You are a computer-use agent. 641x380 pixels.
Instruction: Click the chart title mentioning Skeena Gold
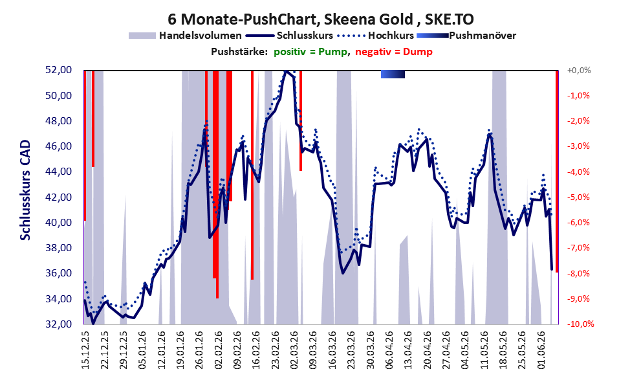pos(321,19)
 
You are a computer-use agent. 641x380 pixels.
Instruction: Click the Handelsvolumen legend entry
pos(185,36)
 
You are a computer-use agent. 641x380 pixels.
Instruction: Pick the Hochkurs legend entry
pos(376,36)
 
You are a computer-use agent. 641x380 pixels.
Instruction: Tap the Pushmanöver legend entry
pos(466,36)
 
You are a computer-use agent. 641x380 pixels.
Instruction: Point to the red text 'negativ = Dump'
pos(394,52)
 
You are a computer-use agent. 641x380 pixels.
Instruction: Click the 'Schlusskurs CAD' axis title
pos(25,190)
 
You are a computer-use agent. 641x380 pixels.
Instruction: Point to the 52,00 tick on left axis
pos(58,70)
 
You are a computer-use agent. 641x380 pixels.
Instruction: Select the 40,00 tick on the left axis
pos(58,223)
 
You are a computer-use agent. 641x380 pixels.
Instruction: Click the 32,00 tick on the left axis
pos(58,324)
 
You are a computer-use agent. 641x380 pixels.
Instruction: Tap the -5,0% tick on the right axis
pos(578,197)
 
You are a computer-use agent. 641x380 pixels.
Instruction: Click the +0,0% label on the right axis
pos(579,71)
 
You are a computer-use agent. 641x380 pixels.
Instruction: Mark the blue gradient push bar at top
pos(393,74)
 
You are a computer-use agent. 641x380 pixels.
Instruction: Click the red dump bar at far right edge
pos(557,172)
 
